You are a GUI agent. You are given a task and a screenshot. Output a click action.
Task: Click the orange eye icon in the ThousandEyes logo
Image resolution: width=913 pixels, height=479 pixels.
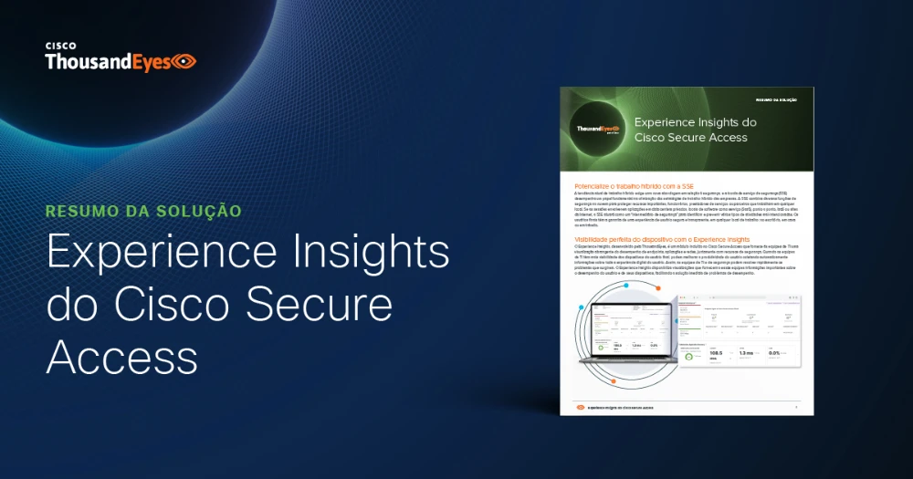click(x=184, y=62)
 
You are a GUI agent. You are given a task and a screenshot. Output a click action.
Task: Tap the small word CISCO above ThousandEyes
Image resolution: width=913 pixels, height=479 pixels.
click(x=60, y=43)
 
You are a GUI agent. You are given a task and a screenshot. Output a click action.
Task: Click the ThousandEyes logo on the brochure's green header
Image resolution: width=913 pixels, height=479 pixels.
click(x=599, y=130)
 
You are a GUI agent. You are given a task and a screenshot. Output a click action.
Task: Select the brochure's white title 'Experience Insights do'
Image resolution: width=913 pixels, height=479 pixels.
click(x=695, y=121)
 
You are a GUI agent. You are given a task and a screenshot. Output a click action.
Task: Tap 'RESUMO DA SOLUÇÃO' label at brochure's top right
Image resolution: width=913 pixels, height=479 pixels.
click(x=777, y=99)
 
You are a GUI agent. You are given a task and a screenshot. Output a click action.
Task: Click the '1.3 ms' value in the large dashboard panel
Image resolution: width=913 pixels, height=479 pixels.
click(x=746, y=351)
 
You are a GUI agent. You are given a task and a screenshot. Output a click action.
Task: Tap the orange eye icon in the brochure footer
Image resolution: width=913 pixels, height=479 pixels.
click(x=579, y=407)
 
